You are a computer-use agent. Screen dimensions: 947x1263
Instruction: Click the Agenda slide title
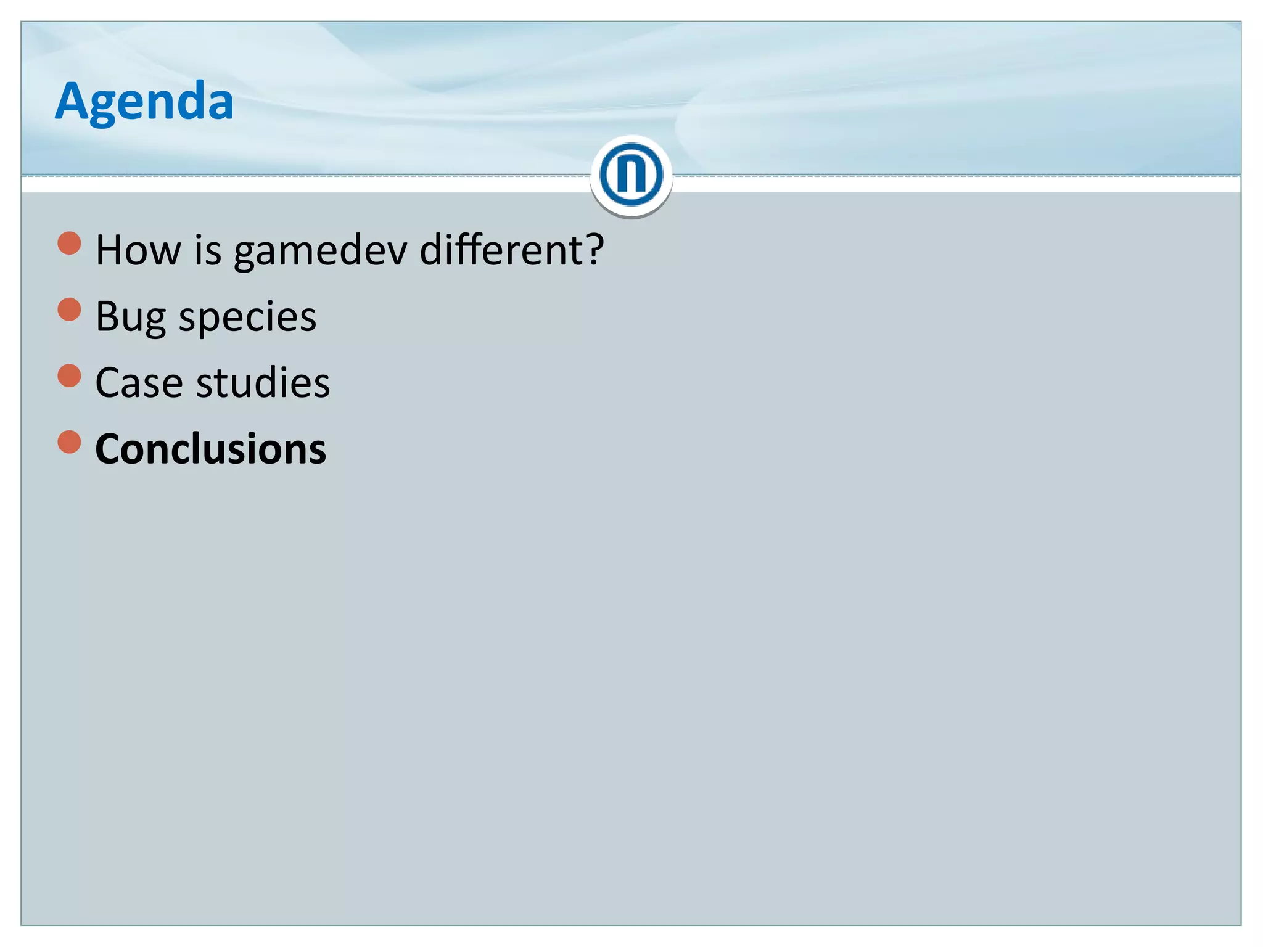coord(144,102)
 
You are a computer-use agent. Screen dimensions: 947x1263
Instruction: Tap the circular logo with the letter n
coord(631,175)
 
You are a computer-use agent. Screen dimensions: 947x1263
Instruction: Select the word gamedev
coord(320,252)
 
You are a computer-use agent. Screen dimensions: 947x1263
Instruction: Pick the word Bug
coord(131,318)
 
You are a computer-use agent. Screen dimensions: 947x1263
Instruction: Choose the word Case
coord(139,383)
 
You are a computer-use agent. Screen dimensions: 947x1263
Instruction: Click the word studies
coord(263,383)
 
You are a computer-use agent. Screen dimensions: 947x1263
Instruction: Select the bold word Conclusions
coord(211,449)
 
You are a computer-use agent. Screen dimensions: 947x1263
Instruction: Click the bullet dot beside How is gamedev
coord(69,243)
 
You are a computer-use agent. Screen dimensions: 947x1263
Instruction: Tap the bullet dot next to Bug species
coord(69,310)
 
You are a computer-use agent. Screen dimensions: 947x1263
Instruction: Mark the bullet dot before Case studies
coord(69,375)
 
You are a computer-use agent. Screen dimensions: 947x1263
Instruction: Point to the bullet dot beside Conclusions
coord(69,441)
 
